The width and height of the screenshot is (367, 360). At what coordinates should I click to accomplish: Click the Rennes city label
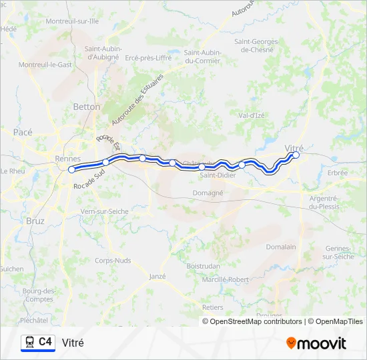(67, 159)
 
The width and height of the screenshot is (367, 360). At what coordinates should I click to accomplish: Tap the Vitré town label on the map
(294, 147)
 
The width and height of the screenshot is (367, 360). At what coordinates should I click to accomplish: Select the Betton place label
(87, 107)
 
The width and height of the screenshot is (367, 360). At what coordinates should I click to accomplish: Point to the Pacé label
(23, 132)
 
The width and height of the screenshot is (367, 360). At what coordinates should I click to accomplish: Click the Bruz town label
(35, 220)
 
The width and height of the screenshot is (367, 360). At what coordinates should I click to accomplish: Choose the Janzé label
(157, 276)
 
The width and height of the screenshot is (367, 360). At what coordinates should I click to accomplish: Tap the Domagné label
(208, 193)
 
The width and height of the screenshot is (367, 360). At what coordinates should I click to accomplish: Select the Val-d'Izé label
(252, 115)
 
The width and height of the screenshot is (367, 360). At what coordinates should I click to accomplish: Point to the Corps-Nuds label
(113, 261)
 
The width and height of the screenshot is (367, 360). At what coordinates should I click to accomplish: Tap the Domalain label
(281, 246)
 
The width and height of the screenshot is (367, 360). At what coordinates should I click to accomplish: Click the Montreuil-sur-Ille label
(72, 21)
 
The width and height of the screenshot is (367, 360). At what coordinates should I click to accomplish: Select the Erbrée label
(338, 173)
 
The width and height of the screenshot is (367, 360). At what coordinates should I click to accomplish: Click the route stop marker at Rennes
(71, 169)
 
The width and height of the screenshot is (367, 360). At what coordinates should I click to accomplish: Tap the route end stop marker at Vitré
(296, 155)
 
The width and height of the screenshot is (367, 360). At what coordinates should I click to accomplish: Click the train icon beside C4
(29, 343)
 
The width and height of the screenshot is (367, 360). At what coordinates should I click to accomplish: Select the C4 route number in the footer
(45, 342)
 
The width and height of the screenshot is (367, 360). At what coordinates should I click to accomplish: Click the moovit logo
(316, 343)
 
